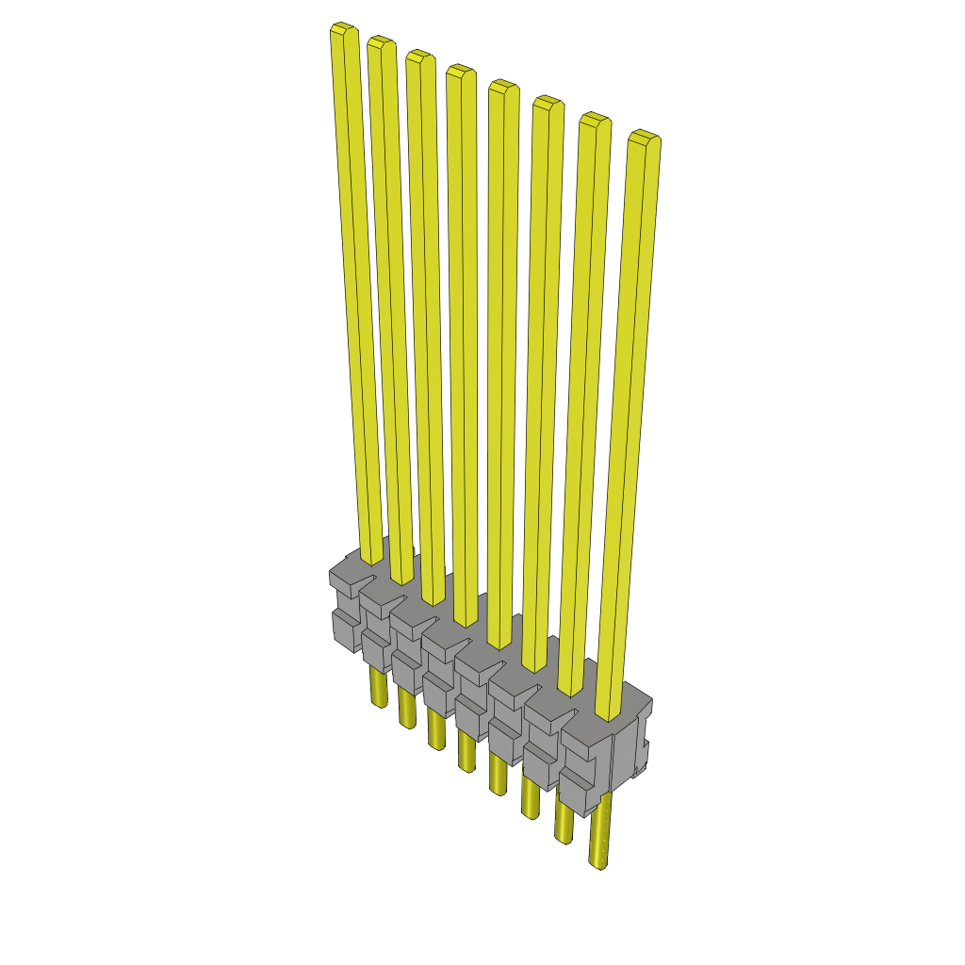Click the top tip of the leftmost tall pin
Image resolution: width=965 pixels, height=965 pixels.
344,30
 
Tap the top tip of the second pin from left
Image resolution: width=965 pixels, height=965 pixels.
381,43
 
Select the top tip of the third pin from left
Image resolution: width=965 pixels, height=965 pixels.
419,56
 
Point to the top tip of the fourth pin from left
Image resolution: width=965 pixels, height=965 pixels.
460,71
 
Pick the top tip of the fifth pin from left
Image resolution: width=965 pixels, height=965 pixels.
503,87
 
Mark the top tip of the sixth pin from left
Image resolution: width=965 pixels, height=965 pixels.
548,103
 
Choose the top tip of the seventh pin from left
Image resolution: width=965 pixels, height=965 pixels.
594,119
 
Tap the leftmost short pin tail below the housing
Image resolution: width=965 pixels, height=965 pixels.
377,688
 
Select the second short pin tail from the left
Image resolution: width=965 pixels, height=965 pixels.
406,709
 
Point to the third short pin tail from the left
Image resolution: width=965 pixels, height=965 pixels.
435,729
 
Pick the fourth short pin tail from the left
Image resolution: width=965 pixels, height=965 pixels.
466,751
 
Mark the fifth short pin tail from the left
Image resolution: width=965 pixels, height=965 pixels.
499,775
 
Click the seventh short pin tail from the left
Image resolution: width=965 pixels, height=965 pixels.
564,822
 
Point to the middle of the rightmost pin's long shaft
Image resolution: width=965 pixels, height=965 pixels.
630,424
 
